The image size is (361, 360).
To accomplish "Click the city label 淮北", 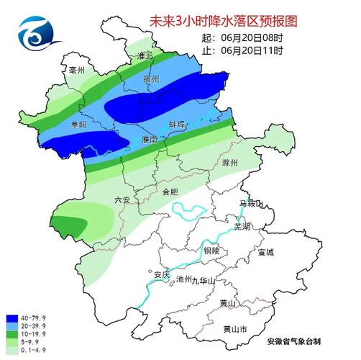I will pyautogui.click(x=145, y=55).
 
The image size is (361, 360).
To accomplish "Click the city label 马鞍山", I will pyautogui.click(x=252, y=204).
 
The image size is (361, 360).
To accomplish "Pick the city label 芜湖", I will pyautogui.click(x=242, y=226).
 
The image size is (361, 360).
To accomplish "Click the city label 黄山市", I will pyautogui.click(x=230, y=329).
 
